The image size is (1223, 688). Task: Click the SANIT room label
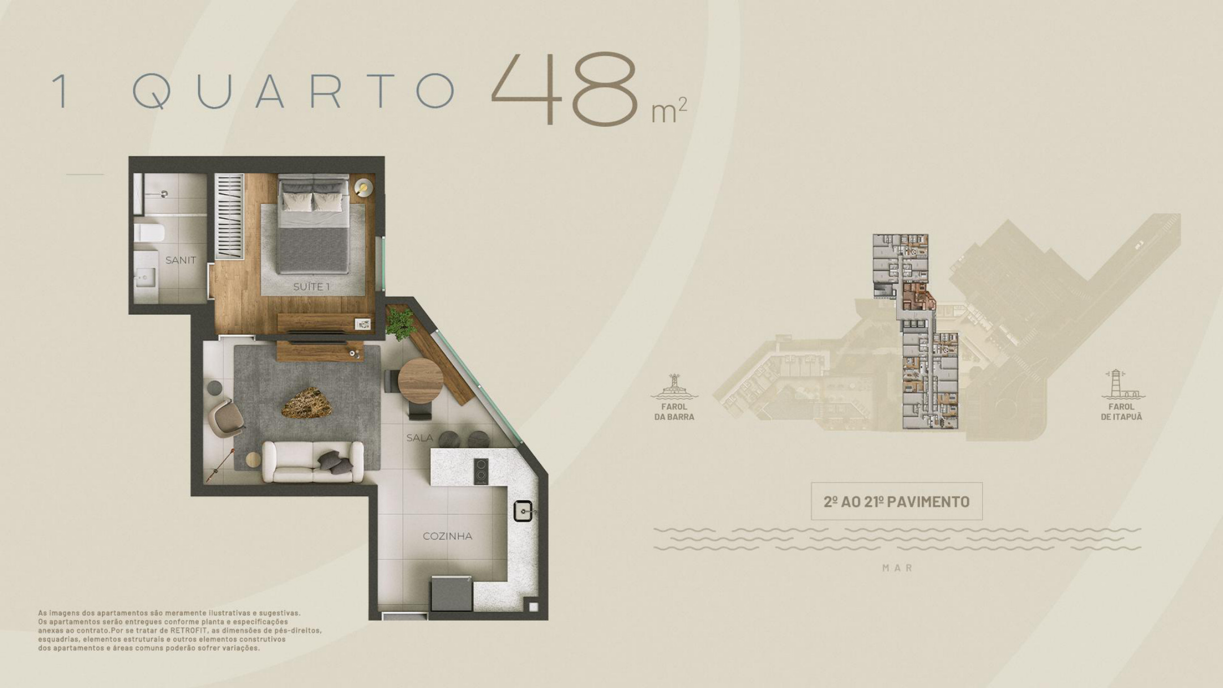pyautogui.click(x=181, y=260)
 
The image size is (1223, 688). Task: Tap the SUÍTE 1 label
pyautogui.click(x=311, y=287)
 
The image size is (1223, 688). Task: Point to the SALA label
pyautogui.click(x=420, y=438)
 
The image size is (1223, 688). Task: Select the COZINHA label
pyautogui.click(x=447, y=536)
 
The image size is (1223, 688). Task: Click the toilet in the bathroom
pyautogui.click(x=149, y=232)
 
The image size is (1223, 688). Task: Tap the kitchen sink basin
pyautogui.click(x=524, y=512)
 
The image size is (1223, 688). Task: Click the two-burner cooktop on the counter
pyautogui.click(x=481, y=471)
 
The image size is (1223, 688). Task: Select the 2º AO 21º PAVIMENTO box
pyautogui.click(x=897, y=502)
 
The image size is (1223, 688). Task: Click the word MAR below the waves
pyautogui.click(x=897, y=568)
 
